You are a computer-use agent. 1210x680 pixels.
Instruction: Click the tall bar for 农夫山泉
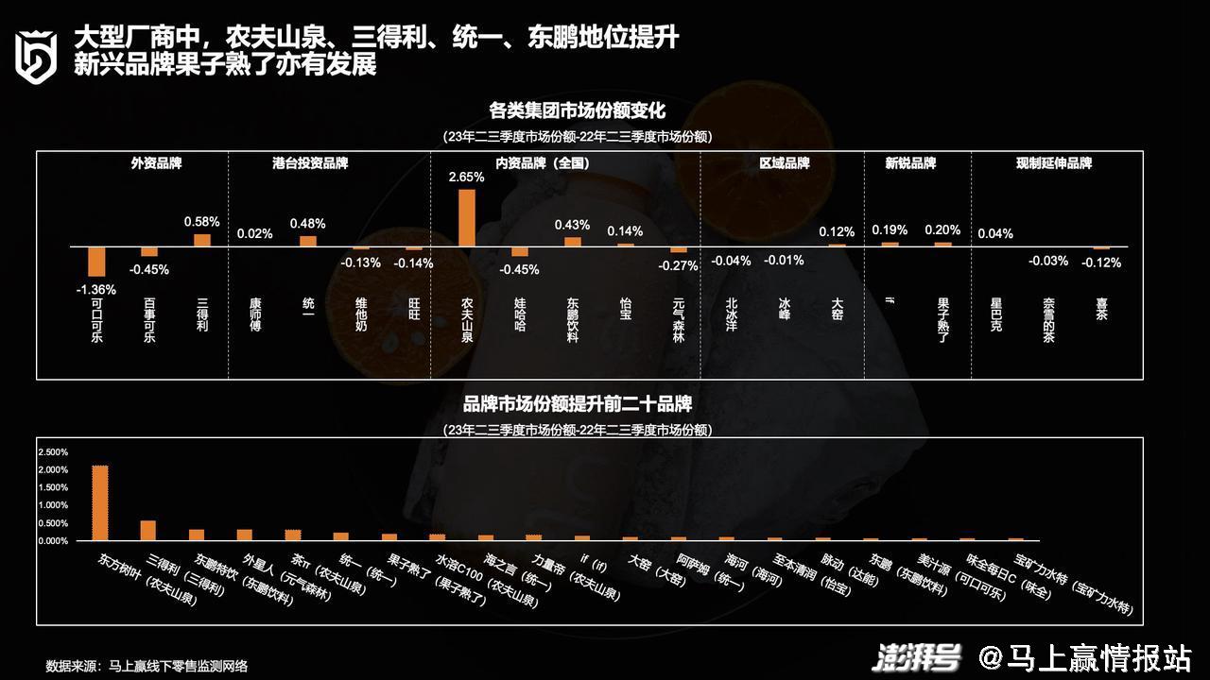click(x=466, y=218)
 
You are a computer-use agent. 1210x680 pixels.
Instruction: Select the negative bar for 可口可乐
click(x=96, y=261)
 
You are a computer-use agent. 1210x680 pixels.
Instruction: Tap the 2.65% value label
click(x=467, y=178)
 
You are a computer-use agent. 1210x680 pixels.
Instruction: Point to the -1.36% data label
click(x=96, y=289)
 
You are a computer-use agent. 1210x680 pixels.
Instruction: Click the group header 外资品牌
click(x=156, y=163)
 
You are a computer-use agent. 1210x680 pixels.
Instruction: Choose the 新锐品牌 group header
click(x=910, y=163)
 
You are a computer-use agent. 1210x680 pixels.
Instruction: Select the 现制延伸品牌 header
click(x=1054, y=163)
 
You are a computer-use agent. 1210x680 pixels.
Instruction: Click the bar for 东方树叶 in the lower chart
click(x=99, y=502)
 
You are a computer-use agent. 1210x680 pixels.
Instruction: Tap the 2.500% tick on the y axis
click(x=53, y=452)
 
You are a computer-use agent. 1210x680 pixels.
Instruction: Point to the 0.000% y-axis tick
click(x=53, y=541)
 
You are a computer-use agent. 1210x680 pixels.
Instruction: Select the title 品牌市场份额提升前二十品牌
click(x=578, y=404)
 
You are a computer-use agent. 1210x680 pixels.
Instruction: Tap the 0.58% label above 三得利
click(x=201, y=222)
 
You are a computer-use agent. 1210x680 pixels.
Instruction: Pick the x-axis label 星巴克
click(x=996, y=314)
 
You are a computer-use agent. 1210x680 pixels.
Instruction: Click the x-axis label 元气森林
click(x=678, y=320)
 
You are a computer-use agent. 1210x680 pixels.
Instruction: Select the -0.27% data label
click(x=678, y=265)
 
